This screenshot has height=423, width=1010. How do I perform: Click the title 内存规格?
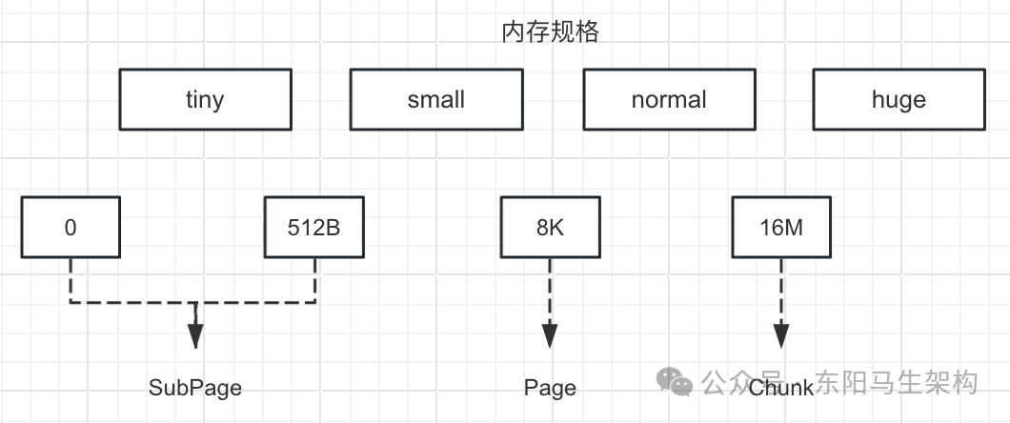[549, 32]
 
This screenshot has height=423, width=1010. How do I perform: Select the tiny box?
[205, 99]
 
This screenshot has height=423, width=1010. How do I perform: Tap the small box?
[435, 99]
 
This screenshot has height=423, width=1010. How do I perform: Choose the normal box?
[669, 99]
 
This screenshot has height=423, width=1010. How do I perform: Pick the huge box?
[898, 99]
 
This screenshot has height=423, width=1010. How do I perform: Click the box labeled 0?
[71, 227]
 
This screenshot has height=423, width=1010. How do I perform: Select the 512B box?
[314, 227]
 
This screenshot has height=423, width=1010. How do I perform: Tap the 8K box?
[550, 227]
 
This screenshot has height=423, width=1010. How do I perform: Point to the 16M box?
[780, 227]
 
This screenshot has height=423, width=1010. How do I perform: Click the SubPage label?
[195, 388]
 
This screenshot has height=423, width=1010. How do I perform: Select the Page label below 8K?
[550, 388]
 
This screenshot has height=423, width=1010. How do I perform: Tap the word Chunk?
[781, 388]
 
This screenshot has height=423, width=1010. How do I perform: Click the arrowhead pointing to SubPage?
[195, 334]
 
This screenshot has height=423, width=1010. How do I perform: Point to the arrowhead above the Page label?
[550, 334]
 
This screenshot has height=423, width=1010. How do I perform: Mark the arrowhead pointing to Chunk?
[781, 334]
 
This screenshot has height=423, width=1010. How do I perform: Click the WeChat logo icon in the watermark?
[679, 383]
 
